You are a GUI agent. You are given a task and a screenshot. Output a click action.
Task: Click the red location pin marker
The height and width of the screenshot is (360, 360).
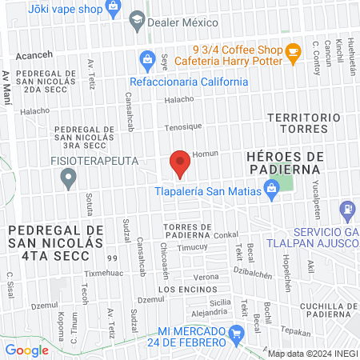pos(180,163)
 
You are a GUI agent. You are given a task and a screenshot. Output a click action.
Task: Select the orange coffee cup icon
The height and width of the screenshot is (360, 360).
pos(293,52)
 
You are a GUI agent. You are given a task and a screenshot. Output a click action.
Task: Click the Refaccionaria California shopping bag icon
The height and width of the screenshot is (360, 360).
pos(147,58)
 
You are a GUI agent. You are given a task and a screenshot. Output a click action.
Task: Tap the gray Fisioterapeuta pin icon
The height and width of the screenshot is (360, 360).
pos(69,179)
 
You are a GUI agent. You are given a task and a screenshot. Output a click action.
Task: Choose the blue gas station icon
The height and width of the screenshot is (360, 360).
pos(347,211)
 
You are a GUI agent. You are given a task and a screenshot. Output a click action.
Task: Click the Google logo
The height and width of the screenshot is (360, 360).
pos(27,350)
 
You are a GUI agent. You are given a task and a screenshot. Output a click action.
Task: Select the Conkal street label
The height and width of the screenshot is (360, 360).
pos(227,235)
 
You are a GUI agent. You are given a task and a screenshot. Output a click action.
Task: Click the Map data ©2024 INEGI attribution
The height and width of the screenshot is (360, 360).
pos(312,353)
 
